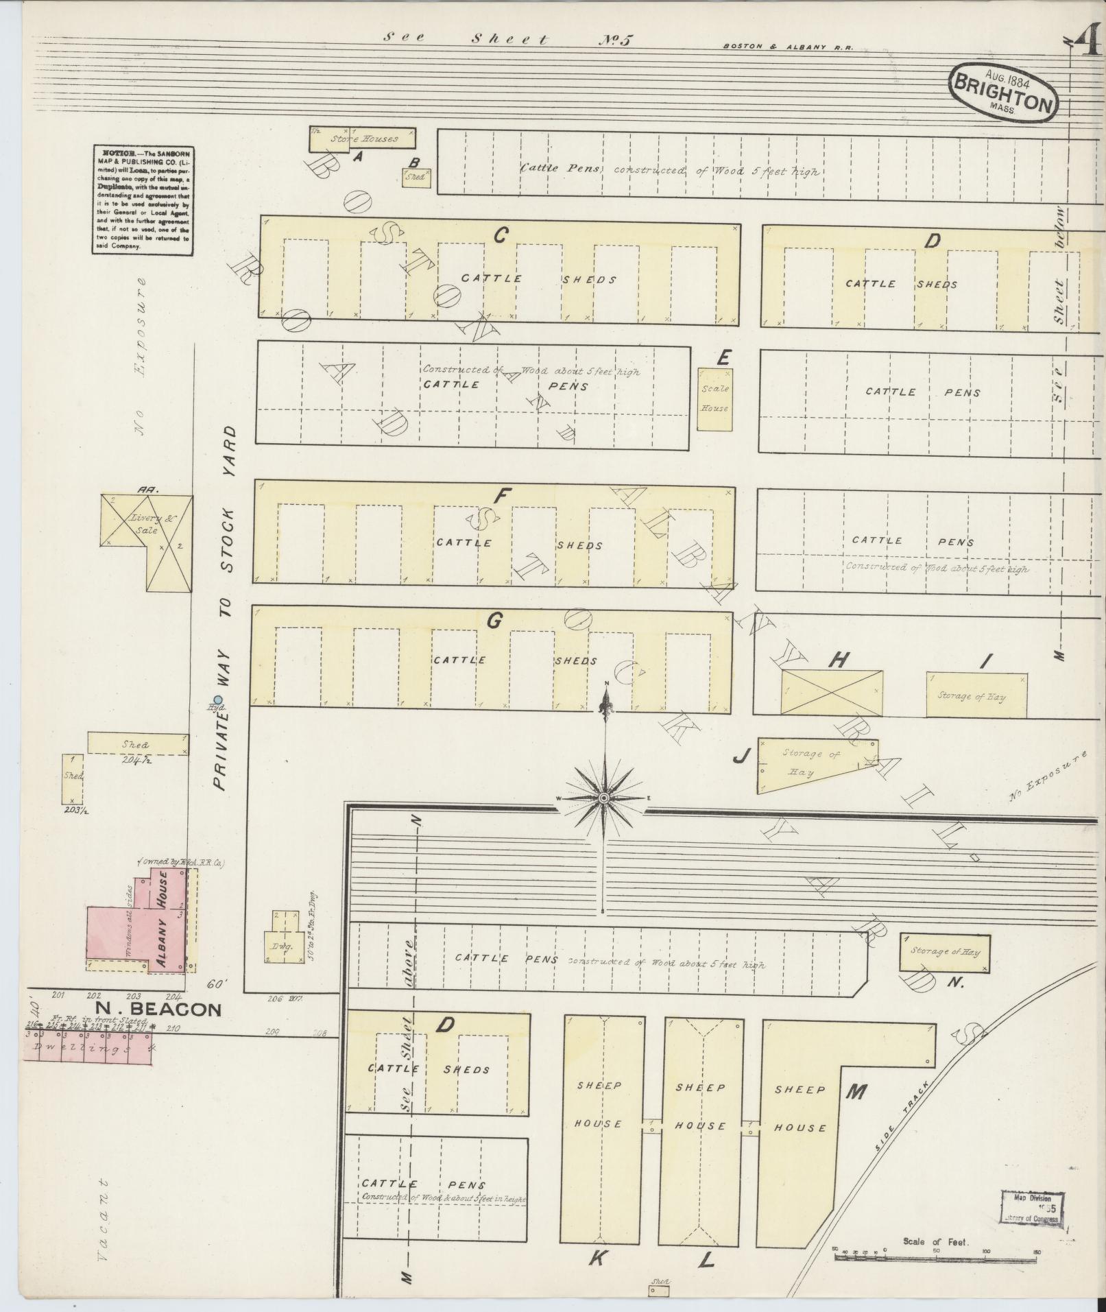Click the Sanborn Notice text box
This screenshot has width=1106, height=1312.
pyautogui.click(x=142, y=199)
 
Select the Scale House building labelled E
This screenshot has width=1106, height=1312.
pyautogui.click(x=714, y=399)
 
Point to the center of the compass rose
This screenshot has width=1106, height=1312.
pyautogui.click(x=604, y=798)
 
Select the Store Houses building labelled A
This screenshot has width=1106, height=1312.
pyautogui.click(x=363, y=138)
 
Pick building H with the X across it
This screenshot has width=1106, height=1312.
pyautogui.click(x=832, y=693)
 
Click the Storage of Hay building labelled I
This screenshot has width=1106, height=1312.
pyautogui.click(x=976, y=695)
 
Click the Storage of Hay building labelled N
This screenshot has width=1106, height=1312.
pyautogui.click(x=944, y=952)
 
